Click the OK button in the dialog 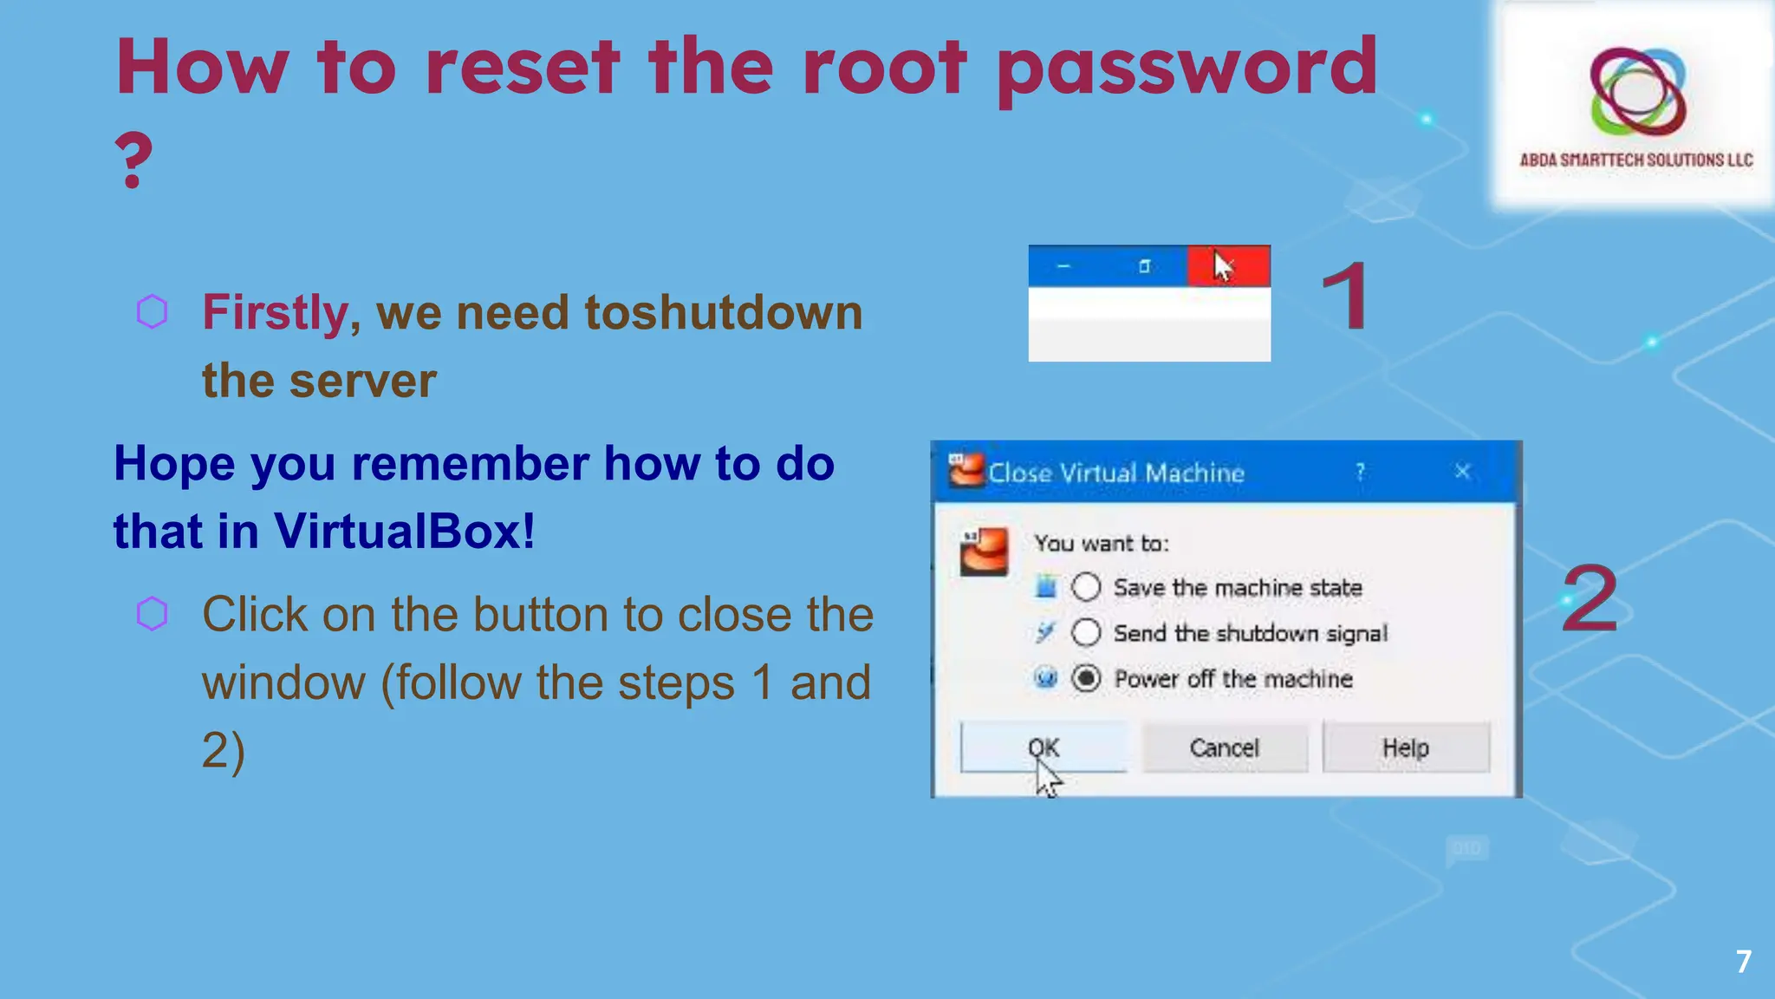click(1044, 747)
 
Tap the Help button click(1405, 748)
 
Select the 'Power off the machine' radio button click(1086, 678)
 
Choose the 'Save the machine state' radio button click(1086, 587)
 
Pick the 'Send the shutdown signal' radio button click(1086, 632)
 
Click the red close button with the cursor click(1228, 266)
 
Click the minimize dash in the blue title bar click(1064, 266)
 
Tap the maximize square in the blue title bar click(1144, 266)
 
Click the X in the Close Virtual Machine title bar click(1462, 472)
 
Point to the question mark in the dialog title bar click(1360, 472)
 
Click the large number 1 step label click(1345, 297)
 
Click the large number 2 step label click(1590, 598)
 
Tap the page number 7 click(1744, 961)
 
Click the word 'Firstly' click(276, 312)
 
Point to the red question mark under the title click(133, 160)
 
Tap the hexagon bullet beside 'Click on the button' click(153, 614)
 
